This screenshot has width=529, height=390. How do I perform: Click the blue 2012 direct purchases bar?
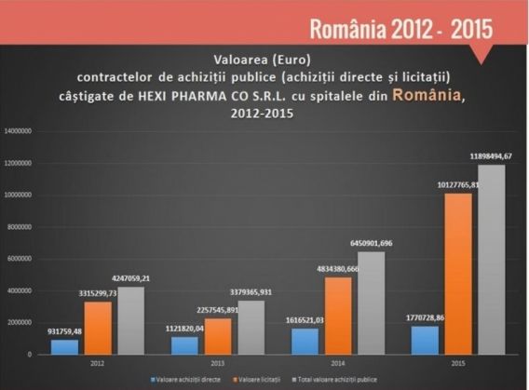tap(66, 345)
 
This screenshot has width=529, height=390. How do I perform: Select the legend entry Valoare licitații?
tap(262, 380)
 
